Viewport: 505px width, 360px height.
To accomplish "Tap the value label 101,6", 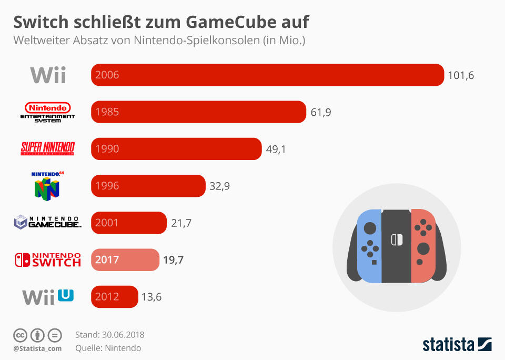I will (x=461, y=75).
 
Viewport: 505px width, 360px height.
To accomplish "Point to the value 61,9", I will (x=320, y=112).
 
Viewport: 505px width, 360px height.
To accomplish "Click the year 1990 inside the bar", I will (x=107, y=149).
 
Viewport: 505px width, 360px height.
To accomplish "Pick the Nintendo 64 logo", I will (x=47, y=185).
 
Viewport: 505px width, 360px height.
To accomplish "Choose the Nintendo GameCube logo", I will (x=47, y=222).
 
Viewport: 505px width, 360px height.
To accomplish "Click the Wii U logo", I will (x=48, y=296).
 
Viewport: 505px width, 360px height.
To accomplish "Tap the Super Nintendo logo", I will (x=47, y=149).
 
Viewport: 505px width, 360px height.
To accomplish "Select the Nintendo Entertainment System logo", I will (x=47, y=112).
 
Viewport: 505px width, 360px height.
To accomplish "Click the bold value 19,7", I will (x=173, y=260).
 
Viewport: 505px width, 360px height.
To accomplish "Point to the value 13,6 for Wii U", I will (x=151, y=297).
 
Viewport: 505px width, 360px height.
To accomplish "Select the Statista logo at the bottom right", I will (x=457, y=344).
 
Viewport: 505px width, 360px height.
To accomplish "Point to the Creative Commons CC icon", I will (x=20, y=335).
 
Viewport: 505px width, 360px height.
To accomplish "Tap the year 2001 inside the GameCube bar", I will (x=107, y=223).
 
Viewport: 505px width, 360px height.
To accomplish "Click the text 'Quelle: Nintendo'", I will (x=108, y=348).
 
